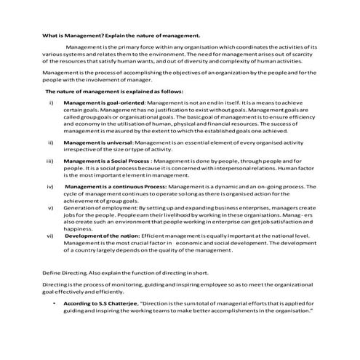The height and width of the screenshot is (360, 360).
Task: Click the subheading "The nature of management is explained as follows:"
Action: pos(104,92)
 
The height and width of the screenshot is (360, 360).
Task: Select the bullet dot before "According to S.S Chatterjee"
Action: pos(55,303)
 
